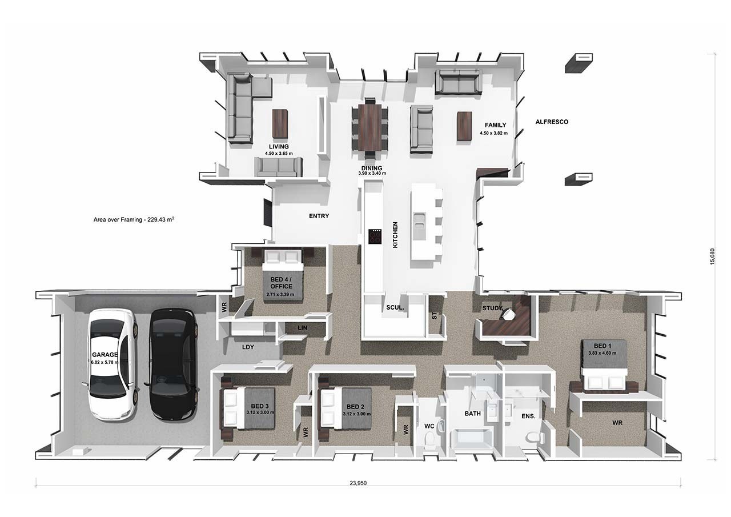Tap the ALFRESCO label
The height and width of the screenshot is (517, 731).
click(x=552, y=122)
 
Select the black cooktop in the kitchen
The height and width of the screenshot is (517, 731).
click(x=375, y=236)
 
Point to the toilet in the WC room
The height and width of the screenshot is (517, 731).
click(x=430, y=439)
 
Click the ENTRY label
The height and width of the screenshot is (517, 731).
click(x=319, y=216)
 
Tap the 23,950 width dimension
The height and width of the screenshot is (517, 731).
click(x=358, y=483)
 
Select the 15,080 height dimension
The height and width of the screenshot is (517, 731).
click(x=712, y=257)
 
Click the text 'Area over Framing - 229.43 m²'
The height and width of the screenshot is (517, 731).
click(x=134, y=219)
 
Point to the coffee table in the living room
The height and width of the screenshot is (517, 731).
click(x=280, y=123)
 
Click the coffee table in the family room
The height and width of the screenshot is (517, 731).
click(x=464, y=125)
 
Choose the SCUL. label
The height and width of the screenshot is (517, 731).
click(x=395, y=307)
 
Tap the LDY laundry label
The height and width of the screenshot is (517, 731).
click(x=248, y=347)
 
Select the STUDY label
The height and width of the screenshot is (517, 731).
click(x=492, y=308)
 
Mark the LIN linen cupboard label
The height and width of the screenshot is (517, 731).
click(x=302, y=327)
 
